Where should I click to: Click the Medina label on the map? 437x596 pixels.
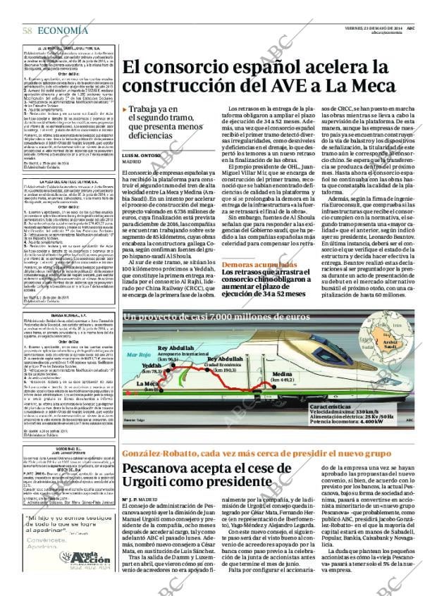[x=281, y=373]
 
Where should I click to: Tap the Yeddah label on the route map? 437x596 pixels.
[x=152, y=366]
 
